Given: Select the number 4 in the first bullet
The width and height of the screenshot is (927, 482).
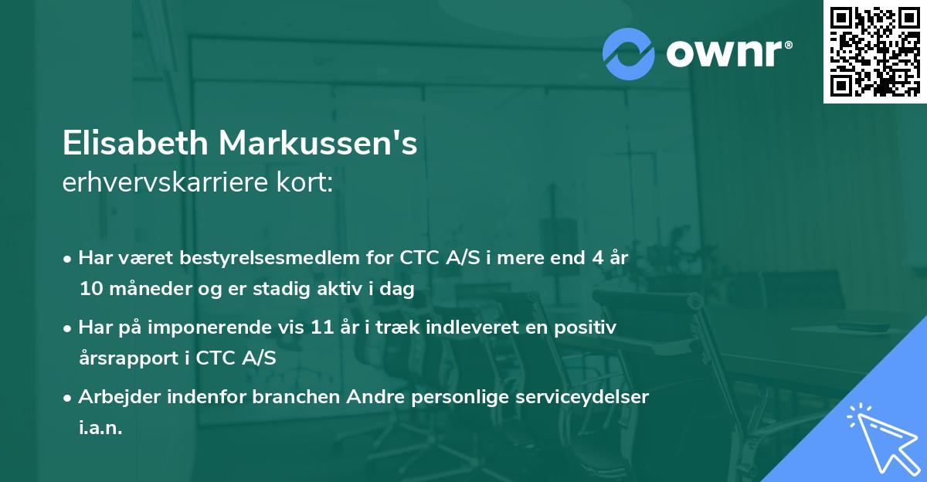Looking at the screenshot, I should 597,258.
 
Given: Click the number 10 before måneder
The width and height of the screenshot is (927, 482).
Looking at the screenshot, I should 91,289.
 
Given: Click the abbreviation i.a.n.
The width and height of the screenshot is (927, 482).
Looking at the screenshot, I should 100,428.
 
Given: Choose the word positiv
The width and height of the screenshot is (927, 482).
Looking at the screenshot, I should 589,328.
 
